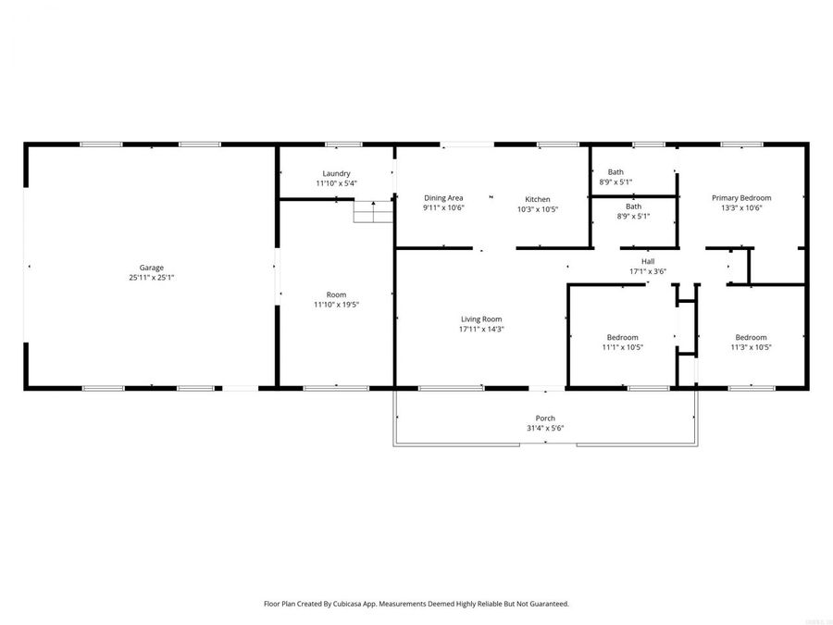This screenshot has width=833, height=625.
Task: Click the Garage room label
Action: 151,268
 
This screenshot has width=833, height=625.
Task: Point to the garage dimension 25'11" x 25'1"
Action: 151,278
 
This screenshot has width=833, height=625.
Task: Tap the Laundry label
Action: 336,173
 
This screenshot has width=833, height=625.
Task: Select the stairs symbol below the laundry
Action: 374,213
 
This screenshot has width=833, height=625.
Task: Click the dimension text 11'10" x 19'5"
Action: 336,305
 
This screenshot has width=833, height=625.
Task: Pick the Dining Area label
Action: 443,198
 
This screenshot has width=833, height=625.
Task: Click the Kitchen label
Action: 538,199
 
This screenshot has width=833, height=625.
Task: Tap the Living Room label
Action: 481,319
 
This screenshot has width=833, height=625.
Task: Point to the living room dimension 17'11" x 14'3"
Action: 481,329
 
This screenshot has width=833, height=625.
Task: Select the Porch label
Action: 545,418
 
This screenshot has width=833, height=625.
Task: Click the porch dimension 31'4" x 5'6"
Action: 545,428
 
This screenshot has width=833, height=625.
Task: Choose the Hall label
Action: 648,261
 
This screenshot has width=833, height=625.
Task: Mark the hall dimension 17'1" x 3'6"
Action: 648,271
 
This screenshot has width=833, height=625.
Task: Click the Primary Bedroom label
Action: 740,197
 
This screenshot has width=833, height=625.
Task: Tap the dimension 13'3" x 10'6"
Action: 740,207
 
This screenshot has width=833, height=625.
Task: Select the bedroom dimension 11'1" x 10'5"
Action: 622,347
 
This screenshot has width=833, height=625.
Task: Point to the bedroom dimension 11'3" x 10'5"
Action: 751,347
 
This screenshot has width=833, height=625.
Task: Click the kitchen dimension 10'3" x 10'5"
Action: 538,209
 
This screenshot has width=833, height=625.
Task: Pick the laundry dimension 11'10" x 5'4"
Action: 336,183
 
